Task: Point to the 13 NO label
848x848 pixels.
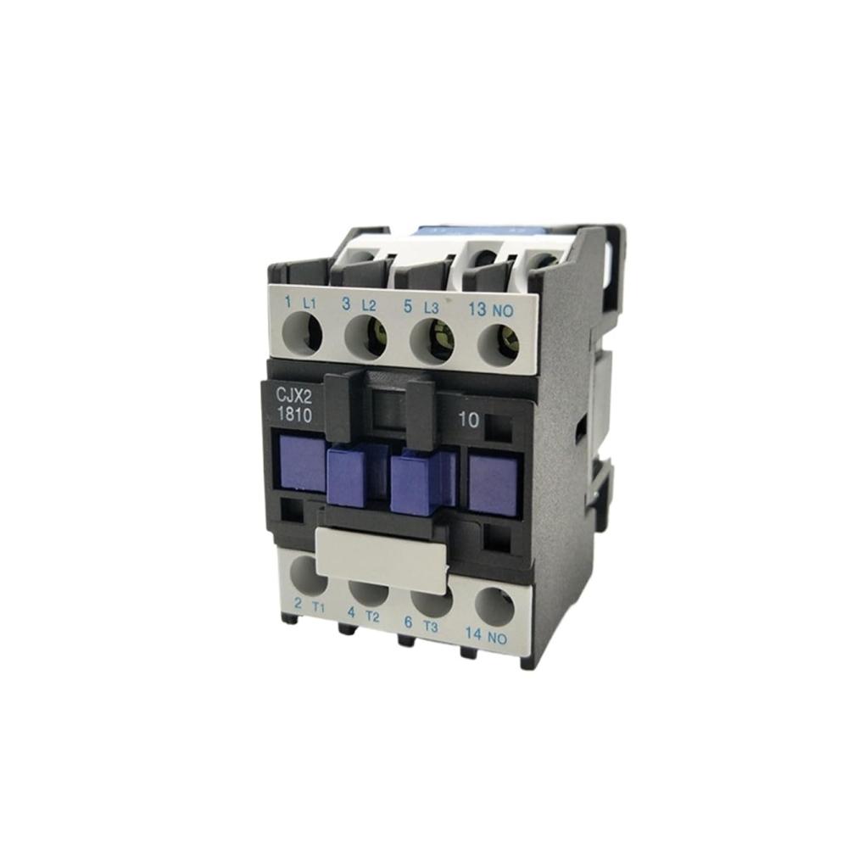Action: coord(490,310)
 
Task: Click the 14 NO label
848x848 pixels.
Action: coord(486,636)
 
